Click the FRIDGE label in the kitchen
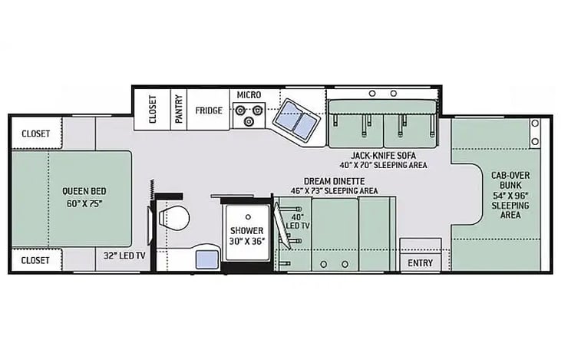(209, 111)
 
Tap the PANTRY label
(179, 109)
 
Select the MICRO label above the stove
(249, 95)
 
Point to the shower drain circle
(248, 217)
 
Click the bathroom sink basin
(207, 259)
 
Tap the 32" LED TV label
(124, 256)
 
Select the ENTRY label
(420, 263)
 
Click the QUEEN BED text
(84, 191)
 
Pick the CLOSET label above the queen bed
(36, 134)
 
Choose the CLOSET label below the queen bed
(35, 260)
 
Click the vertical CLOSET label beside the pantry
(153, 109)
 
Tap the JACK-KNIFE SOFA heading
(383, 156)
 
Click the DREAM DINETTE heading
(334, 181)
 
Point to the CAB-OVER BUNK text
(510, 180)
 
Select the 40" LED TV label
(298, 222)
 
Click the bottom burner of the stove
(249, 122)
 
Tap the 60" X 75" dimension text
(84, 203)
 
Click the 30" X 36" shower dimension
(247, 241)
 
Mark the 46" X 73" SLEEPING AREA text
(334, 190)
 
